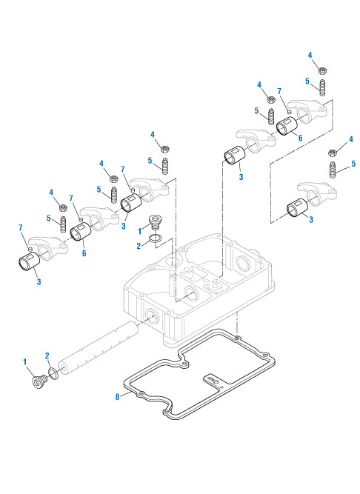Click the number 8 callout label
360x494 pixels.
click(118, 397)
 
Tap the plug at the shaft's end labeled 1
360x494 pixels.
click(39, 382)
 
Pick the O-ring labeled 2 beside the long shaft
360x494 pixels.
click(53, 374)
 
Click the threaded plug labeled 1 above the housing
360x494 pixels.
click(154, 223)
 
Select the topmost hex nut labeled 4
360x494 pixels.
click(322, 70)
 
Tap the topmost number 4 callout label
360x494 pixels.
click(310, 55)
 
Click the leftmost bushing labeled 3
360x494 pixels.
click(30, 261)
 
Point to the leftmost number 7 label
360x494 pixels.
click(21, 227)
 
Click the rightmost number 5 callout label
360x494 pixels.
click(353, 164)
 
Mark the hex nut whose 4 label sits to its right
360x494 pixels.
click(333, 153)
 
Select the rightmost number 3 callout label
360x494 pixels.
click(311, 219)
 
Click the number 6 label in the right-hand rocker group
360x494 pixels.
click(301, 138)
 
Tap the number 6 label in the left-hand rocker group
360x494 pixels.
click(84, 253)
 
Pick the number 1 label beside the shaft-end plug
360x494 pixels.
click(25, 362)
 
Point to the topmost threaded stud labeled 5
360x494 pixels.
click(322, 87)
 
